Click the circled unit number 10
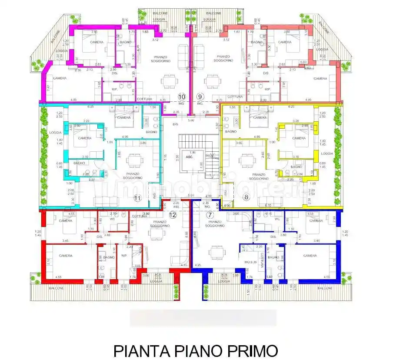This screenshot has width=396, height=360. [182, 97]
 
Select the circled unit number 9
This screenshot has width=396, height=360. [200, 97]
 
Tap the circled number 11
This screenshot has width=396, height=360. [138, 198]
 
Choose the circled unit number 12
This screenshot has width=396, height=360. [173, 215]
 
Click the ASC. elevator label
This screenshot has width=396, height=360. [190, 157]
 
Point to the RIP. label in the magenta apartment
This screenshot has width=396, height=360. [115, 90]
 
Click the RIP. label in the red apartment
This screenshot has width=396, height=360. [124, 256]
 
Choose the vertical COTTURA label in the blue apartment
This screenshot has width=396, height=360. [263, 260]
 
